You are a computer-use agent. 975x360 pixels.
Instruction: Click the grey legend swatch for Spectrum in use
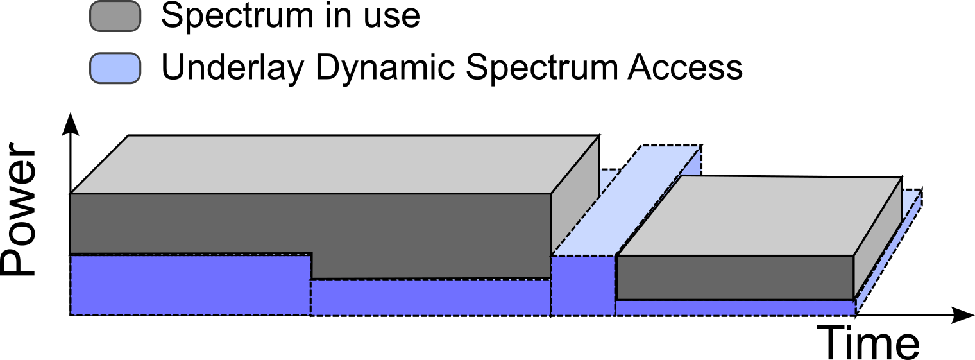(x=115, y=16)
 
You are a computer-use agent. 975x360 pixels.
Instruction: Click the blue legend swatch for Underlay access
(x=115, y=68)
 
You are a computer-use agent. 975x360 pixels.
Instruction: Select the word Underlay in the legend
(x=232, y=67)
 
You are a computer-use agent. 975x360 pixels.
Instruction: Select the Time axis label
(x=870, y=343)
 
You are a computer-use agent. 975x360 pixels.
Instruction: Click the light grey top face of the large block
(x=334, y=164)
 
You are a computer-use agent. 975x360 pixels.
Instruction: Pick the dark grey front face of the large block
(x=308, y=221)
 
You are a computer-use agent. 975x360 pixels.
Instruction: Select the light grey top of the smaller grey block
(x=757, y=215)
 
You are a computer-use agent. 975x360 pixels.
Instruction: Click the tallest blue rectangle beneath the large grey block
(x=190, y=285)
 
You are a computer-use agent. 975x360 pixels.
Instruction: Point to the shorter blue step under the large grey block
(x=430, y=298)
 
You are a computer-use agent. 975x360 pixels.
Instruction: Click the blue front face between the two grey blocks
(x=582, y=286)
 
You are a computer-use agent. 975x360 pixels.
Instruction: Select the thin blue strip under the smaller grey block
(x=734, y=307)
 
